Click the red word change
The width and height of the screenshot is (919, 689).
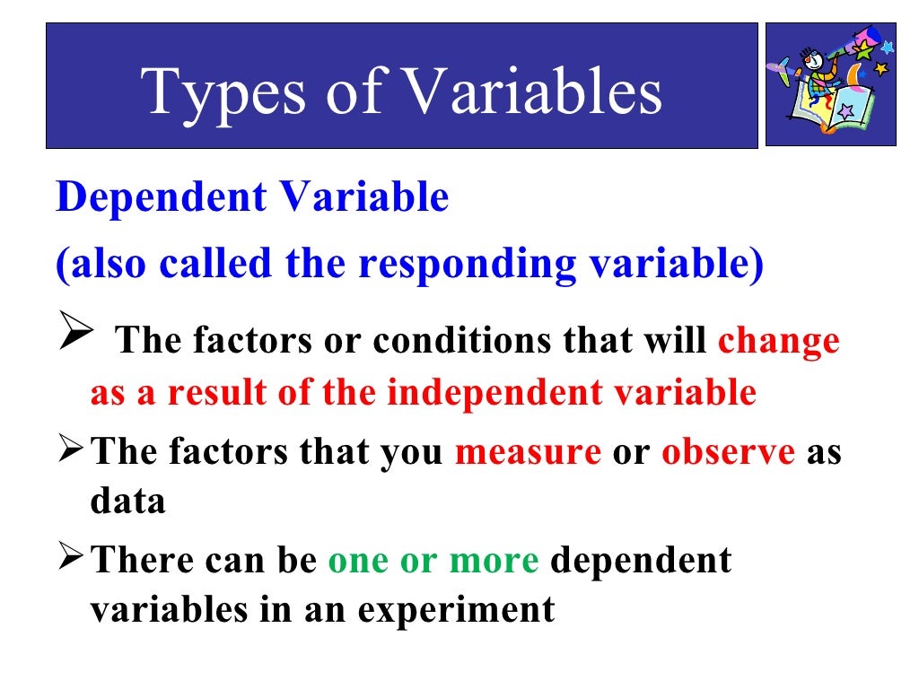pos(779,342)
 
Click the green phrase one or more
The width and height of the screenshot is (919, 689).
pos(433,560)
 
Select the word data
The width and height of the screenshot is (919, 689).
pos(127,501)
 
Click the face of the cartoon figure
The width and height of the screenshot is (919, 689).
pos(811,67)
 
